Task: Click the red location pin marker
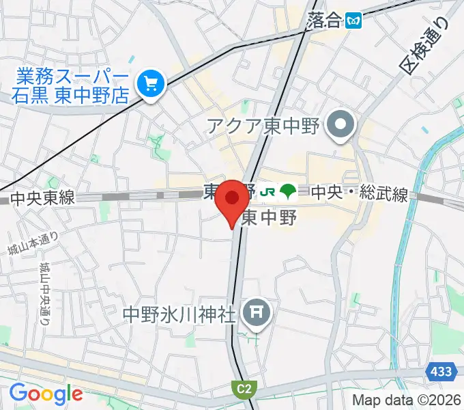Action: [x=231, y=199]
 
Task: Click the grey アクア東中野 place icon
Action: [x=338, y=125]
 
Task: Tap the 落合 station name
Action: [x=323, y=20]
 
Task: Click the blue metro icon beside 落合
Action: [x=353, y=20]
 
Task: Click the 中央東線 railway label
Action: [x=42, y=198]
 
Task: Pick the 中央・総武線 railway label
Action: [x=359, y=194]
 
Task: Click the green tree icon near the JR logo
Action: [x=288, y=192]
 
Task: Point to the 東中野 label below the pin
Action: [x=269, y=219]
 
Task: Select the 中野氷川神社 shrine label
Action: [x=179, y=314]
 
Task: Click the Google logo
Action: [x=46, y=393]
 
